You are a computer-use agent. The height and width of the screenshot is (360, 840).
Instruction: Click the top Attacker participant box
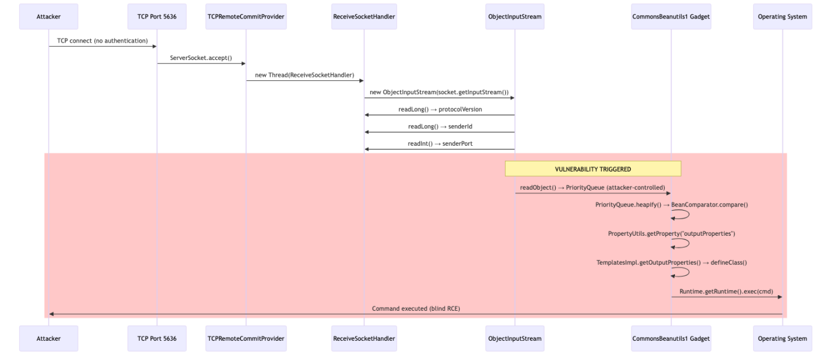[x=49, y=17]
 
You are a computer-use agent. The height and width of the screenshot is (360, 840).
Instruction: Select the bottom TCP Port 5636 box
[x=157, y=338]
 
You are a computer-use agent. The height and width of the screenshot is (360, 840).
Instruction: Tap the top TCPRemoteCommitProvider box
[x=245, y=17]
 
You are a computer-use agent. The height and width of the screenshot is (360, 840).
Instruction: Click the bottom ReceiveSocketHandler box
[x=364, y=338]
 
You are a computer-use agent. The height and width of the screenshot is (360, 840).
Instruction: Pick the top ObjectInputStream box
[x=514, y=17]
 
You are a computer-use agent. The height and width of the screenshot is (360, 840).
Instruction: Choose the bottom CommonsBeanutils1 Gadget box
[x=671, y=338]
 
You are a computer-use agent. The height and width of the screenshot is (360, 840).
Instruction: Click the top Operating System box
[x=782, y=17]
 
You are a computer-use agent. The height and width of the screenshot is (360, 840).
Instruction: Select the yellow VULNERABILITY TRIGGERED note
[x=593, y=169]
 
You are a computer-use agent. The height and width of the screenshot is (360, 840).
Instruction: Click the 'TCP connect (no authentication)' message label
[x=102, y=41]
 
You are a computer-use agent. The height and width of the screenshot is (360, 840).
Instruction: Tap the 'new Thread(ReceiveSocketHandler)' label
[x=304, y=75]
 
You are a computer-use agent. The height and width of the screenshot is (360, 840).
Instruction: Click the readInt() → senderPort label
[x=439, y=144]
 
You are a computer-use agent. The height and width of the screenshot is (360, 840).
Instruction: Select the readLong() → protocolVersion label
[x=439, y=110]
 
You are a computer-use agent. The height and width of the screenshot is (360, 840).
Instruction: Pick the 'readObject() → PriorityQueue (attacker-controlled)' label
[x=592, y=188]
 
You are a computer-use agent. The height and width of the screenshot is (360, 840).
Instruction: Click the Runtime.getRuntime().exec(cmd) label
[x=726, y=292]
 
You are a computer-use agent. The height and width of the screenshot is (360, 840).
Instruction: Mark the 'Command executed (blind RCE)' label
[x=416, y=308]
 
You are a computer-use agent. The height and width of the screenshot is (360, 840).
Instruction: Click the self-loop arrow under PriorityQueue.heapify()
[x=684, y=215]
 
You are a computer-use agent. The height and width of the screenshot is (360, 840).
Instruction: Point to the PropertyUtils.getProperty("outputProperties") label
[x=671, y=233]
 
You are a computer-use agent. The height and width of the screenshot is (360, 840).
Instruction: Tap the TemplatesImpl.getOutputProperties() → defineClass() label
[x=671, y=263]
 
